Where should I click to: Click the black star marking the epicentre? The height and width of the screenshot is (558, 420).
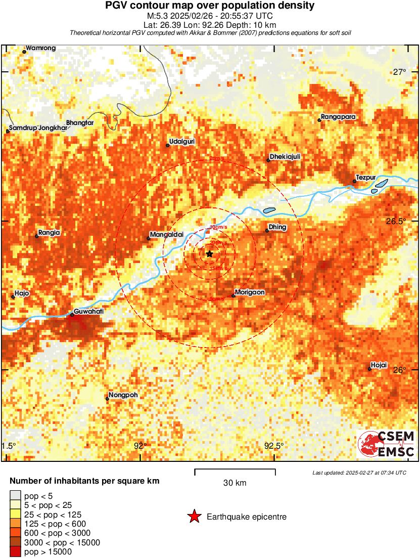coord(209,253)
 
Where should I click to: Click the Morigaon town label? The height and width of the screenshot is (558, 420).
coord(250,292)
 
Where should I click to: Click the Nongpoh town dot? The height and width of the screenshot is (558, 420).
coord(107,399)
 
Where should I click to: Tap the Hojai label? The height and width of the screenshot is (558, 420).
coord(379,365)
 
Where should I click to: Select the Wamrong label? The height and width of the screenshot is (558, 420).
coord(40,48)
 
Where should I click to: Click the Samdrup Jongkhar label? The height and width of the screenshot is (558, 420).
coord(38,128)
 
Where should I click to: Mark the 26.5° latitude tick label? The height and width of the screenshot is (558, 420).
coord(399,222)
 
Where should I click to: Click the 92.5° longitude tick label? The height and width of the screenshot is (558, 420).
coord(274,446)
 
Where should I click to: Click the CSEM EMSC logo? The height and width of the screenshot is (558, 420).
coord(387,444)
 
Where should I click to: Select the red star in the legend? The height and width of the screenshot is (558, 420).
coord(194,517)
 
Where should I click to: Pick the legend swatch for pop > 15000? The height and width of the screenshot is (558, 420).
coord(15,552)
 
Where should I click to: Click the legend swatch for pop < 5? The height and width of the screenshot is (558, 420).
coord(15,495)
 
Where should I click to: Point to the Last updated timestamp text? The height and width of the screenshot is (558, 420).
coord(359,473)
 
